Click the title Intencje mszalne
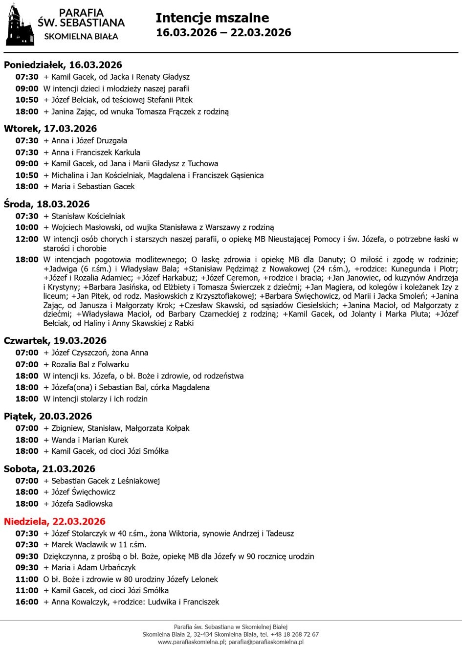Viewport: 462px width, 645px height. pyautogui.click(x=212, y=18)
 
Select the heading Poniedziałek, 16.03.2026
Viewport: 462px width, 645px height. pyautogui.click(x=63, y=65)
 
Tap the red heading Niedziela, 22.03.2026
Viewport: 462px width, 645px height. pyautogui.click(x=55, y=521)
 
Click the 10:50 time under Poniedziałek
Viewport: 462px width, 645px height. pyautogui.click(x=27, y=100)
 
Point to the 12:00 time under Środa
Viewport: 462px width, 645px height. pyautogui.click(x=27, y=239)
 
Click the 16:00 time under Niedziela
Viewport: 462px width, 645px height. pyautogui.click(x=27, y=602)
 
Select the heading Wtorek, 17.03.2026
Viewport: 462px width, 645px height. pyautogui.click(x=50, y=129)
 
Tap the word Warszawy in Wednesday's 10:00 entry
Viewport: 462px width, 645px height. pyautogui.click(x=224, y=227)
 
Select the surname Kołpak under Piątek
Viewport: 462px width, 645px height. pyautogui.click(x=177, y=428)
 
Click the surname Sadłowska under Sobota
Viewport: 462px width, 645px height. pyautogui.click(x=93, y=504)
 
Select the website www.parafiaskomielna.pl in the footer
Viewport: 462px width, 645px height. pyautogui.click(x=191, y=642)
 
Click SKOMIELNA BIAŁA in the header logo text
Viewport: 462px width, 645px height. pyautogui.click(x=81, y=36)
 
